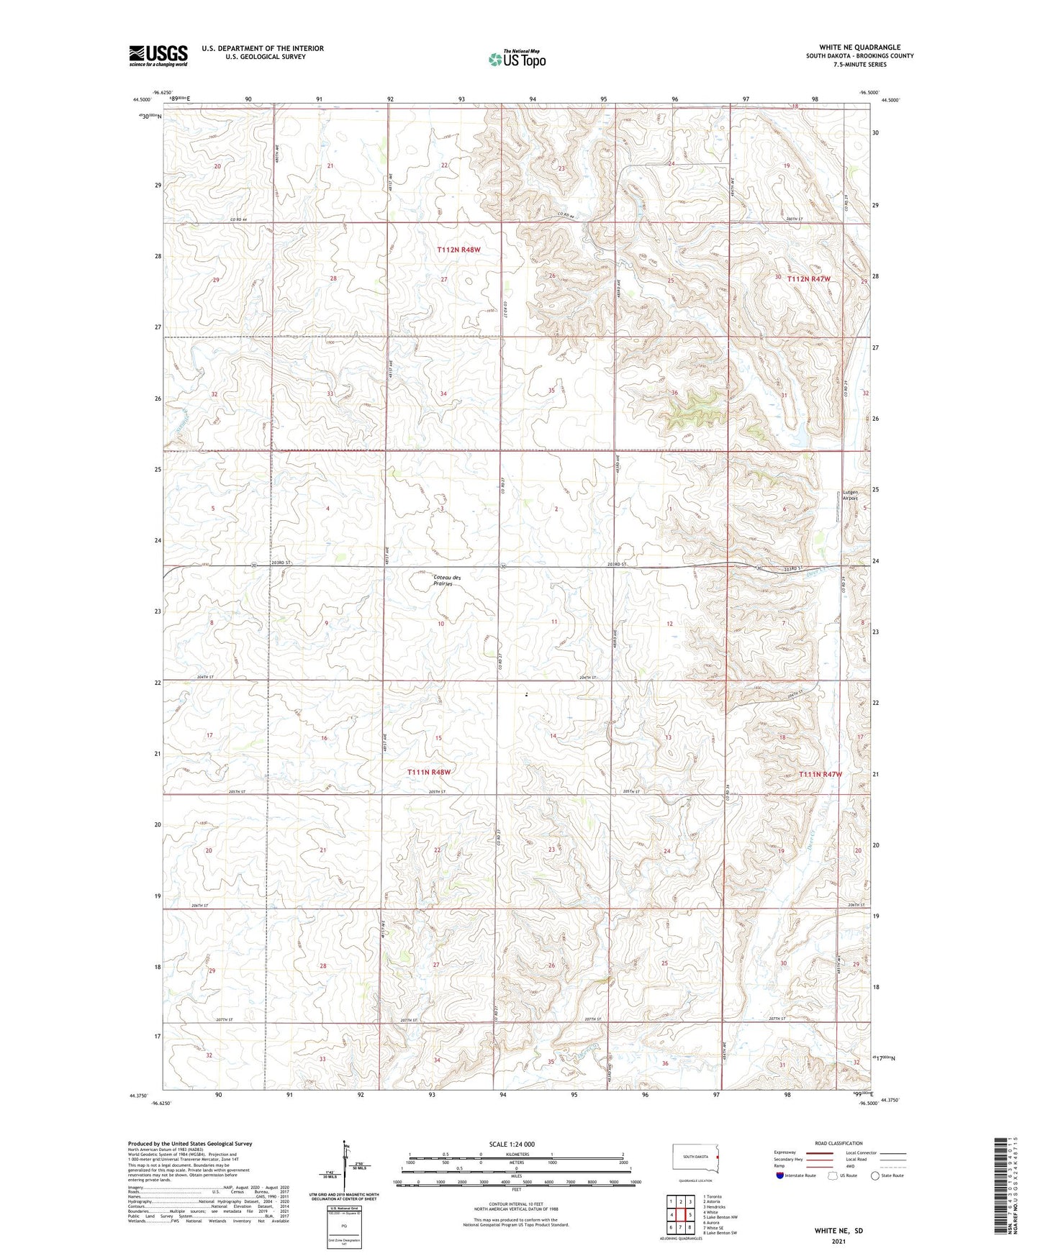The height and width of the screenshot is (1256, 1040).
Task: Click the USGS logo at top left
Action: click(x=158, y=55)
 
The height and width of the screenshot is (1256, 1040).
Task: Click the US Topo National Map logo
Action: click(x=516, y=58)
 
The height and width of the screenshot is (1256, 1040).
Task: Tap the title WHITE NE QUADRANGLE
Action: click(x=859, y=47)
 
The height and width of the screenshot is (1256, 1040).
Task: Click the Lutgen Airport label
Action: click(x=850, y=495)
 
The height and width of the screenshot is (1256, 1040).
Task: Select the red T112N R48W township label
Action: click(x=458, y=250)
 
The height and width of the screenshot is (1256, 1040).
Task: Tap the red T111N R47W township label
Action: click(x=820, y=774)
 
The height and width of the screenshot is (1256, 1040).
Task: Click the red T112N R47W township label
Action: click(x=808, y=278)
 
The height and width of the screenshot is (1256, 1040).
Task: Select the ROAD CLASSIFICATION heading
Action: click(x=838, y=1143)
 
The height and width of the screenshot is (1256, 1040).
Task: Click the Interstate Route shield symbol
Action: click(x=781, y=1175)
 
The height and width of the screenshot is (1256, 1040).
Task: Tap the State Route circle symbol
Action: click(x=874, y=1175)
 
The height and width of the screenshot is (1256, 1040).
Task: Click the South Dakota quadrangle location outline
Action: click(x=695, y=1157)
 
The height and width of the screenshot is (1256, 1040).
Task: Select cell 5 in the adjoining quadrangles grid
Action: click(x=689, y=1215)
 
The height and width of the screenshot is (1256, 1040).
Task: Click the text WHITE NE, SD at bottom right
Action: click(x=838, y=1230)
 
